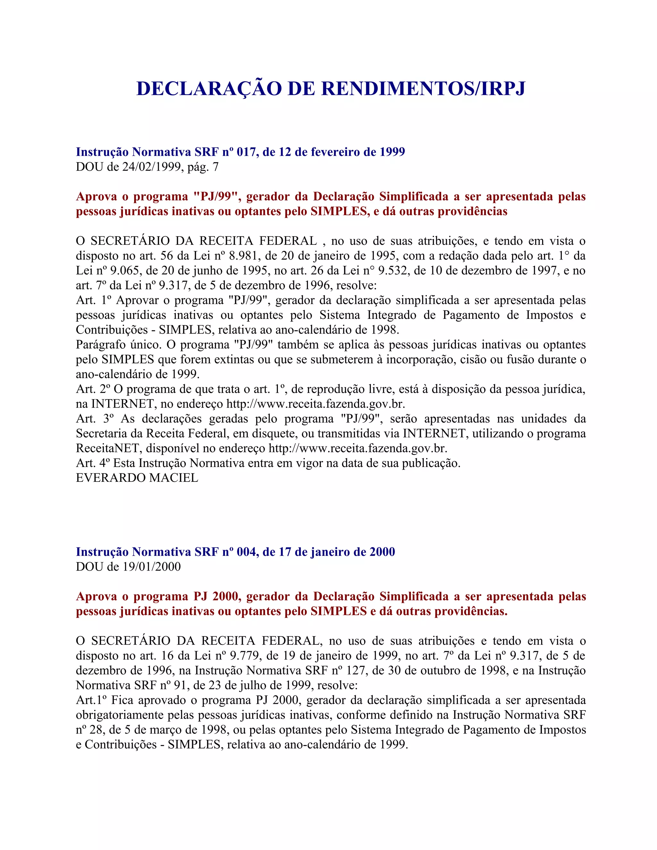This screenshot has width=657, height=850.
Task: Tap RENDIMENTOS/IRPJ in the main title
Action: (x=423, y=89)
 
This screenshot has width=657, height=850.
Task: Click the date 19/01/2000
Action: (x=152, y=567)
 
